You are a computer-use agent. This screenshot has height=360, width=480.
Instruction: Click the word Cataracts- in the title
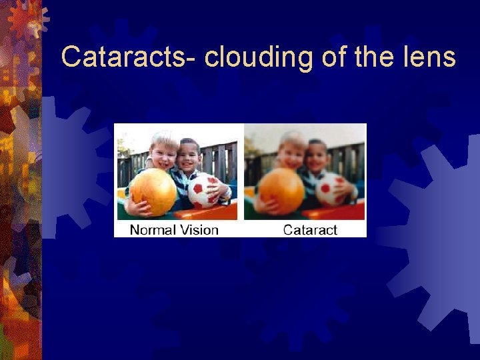coord(126,57)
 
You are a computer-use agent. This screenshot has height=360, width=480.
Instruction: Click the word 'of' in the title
coord(335,57)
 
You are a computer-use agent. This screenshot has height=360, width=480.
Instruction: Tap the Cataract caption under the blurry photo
coord(310,230)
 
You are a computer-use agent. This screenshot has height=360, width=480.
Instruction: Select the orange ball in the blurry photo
coord(281,191)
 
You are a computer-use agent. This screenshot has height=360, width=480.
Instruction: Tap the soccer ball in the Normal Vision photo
coord(204,190)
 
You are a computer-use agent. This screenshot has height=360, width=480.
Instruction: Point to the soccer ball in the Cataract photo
coord(331,189)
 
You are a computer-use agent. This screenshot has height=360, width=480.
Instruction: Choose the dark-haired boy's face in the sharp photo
coord(191,158)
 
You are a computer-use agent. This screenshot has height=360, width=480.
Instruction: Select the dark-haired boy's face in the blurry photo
coord(318,158)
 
